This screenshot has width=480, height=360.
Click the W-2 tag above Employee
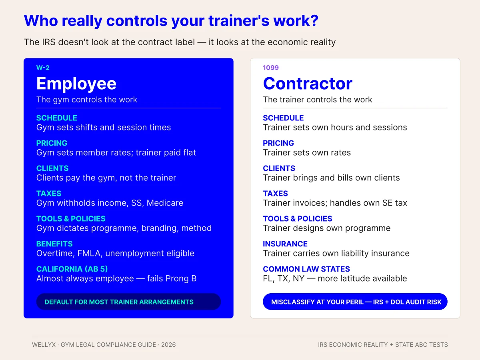43,68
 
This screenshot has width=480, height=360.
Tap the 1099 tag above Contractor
271,68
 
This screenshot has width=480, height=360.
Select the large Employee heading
76,84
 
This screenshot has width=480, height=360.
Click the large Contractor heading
308,84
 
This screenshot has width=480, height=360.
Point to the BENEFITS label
54,244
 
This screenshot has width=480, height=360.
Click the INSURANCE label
285,244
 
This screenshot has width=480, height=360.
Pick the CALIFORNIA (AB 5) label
72,269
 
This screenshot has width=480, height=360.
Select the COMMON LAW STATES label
306,269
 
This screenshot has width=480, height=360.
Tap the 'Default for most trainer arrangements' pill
128,302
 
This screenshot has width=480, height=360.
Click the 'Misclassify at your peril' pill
355,302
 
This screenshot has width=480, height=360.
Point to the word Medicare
165,203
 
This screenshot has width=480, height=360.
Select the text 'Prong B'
181,278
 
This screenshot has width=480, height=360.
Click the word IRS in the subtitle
49,42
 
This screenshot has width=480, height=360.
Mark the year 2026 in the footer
168,345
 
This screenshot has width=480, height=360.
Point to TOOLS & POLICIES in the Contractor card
298,218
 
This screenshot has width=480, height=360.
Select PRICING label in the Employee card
52,143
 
